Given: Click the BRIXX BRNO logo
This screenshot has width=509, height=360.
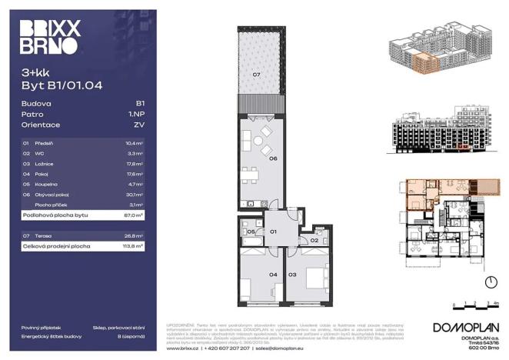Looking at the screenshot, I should (x=50, y=37).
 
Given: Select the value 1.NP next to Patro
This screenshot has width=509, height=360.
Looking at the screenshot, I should (x=139, y=112).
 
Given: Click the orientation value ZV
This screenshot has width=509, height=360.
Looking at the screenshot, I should (x=140, y=124).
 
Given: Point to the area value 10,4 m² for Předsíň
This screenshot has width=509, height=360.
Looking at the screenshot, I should (x=135, y=144).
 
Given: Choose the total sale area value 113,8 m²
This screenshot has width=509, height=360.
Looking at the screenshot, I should (x=135, y=246).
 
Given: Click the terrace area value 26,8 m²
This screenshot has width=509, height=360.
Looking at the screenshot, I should (x=135, y=235).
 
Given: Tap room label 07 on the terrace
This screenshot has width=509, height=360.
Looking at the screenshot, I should (x=257, y=75).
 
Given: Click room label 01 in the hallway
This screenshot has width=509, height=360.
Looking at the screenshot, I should (x=271, y=231).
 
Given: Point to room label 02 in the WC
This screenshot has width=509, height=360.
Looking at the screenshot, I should (x=314, y=241).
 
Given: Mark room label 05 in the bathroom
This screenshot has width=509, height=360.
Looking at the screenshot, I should (x=251, y=232).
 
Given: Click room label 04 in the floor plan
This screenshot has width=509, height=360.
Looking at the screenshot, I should (x=251, y=274).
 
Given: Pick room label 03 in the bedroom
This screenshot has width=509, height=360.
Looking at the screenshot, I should (x=293, y=274).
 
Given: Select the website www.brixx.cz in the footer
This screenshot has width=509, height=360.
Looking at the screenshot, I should (x=183, y=348).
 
